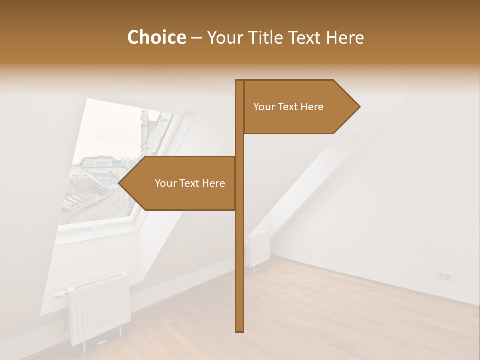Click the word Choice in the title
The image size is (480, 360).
[x=156, y=37]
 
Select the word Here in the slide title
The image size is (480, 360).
[x=345, y=37]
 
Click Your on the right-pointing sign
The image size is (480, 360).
[x=263, y=107]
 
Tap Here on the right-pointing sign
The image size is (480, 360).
[x=312, y=107]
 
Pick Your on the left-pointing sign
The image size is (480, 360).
[x=165, y=183]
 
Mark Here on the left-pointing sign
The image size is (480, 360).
[x=213, y=183]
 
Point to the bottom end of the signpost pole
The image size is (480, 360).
[x=240, y=330]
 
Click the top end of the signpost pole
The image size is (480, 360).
[x=240, y=82]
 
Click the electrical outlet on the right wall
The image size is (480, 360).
[x=444, y=275]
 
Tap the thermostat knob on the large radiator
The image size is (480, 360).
[x=59, y=294]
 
